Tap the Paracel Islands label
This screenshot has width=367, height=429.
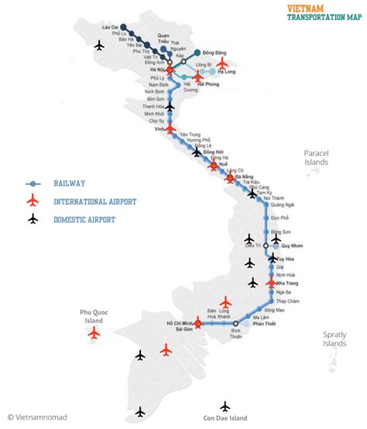coord(316,158)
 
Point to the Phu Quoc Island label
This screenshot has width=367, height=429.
coord(93,316)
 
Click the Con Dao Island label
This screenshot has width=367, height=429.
coord(225,418)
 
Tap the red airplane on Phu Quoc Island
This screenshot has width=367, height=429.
coord(94,333)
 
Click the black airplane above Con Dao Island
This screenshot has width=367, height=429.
coord(225,406)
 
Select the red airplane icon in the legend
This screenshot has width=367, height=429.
coord(33,201)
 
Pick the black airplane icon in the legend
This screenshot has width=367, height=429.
coord(33,219)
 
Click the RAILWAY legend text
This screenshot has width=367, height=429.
coord(70,183)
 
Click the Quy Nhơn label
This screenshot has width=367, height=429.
coord(292,246)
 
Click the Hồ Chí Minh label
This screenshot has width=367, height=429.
coord(180,322)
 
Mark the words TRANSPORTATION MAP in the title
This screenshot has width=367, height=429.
coord(324,17)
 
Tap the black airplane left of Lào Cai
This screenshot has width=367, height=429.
coord(98,46)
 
